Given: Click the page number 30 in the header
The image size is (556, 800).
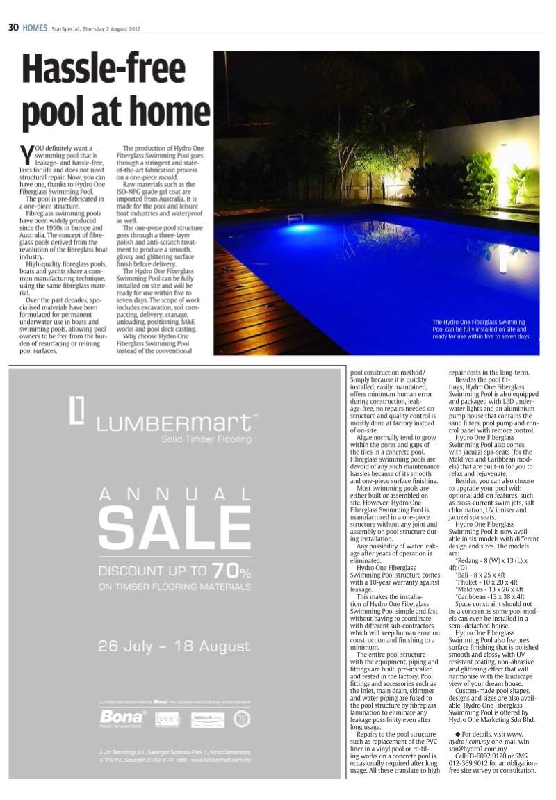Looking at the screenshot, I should [x=13, y=28].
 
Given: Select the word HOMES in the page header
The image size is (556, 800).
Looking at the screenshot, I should [x=35, y=28].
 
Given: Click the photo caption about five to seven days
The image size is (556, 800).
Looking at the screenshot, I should [x=481, y=329].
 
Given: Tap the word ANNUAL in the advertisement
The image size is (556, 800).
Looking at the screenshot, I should [x=174, y=494].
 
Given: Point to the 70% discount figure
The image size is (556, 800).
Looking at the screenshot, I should [x=231, y=571].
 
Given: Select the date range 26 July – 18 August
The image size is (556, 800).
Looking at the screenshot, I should [x=174, y=646].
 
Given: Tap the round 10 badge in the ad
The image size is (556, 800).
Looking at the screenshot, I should [x=243, y=719].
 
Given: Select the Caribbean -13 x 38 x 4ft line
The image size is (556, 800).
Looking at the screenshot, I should [x=489, y=596].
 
